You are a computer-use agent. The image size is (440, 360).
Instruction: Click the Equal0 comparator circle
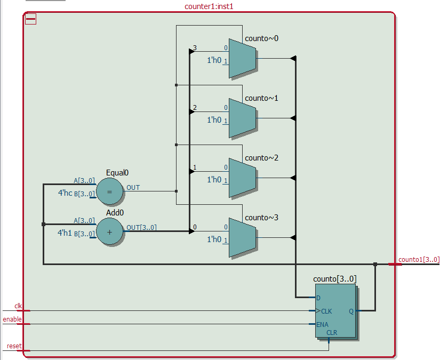click(110, 192)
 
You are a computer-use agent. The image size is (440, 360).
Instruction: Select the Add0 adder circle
click(110, 232)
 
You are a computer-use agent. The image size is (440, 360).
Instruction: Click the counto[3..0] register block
click(335, 311)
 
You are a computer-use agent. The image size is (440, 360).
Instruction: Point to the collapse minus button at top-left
click(31, 19)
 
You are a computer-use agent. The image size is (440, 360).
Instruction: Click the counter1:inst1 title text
click(209, 6)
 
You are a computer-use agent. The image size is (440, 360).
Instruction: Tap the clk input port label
click(18, 306)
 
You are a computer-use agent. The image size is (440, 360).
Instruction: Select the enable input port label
click(12, 319)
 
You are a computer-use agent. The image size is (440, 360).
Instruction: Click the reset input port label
click(14, 346)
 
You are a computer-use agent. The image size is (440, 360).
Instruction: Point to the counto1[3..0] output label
click(419, 260)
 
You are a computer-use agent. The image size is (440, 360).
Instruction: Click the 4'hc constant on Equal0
click(65, 193)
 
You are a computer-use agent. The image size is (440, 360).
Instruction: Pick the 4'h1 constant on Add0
click(65, 233)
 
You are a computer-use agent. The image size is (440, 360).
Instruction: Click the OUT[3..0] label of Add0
click(141, 228)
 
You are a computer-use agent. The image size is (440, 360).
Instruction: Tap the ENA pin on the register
click(323, 324)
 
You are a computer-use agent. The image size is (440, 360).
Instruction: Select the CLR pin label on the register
click(332, 332)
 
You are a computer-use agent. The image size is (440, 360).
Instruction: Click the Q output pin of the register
click(351, 311)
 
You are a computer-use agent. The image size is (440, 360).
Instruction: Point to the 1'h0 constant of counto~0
click(214, 61)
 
